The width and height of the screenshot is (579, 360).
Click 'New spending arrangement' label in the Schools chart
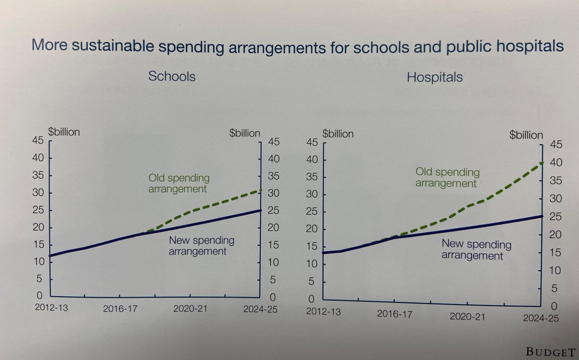pyautogui.click(x=201, y=246)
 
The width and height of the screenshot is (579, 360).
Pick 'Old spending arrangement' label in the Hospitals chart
pyautogui.click(x=447, y=177)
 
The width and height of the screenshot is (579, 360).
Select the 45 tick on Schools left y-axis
pyautogui.click(x=38, y=140)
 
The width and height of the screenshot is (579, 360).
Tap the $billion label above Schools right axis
pyautogui.click(x=245, y=133)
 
